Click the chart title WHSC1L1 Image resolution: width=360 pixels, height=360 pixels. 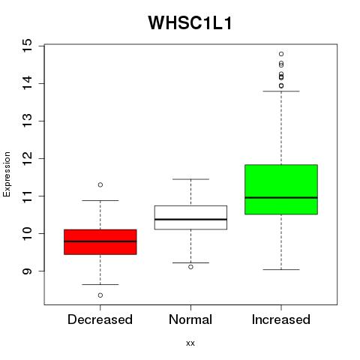tap(190, 23)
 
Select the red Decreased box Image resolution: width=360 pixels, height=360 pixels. tap(100, 242)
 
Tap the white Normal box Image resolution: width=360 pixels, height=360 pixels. tap(190, 217)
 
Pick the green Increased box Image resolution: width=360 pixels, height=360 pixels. tap(281, 190)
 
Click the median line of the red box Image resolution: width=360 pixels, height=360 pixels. tap(100, 241)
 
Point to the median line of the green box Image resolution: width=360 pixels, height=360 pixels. tap(281, 197)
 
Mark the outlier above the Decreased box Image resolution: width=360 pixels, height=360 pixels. tap(100, 185)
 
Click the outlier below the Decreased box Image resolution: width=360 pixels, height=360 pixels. tap(100, 295)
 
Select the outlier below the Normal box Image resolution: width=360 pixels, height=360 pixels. tap(190, 267)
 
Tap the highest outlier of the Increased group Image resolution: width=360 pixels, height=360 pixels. tap(281, 54)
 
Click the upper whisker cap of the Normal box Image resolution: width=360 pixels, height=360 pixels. tap(190, 179)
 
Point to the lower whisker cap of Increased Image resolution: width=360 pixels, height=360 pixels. tap(281, 269)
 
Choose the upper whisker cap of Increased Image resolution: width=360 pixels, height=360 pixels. tap(281, 91)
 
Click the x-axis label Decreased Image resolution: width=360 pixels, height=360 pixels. tap(100, 319)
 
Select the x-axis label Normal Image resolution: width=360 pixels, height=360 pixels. tap(190, 319)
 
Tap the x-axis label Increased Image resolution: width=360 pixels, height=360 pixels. tap(281, 319)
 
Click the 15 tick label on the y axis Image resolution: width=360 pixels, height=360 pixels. tap(27, 46)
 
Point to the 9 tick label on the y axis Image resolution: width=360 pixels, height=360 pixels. tap(27, 271)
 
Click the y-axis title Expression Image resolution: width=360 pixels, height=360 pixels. tap(7, 174)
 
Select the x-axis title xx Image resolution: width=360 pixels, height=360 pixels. tap(190, 343)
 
